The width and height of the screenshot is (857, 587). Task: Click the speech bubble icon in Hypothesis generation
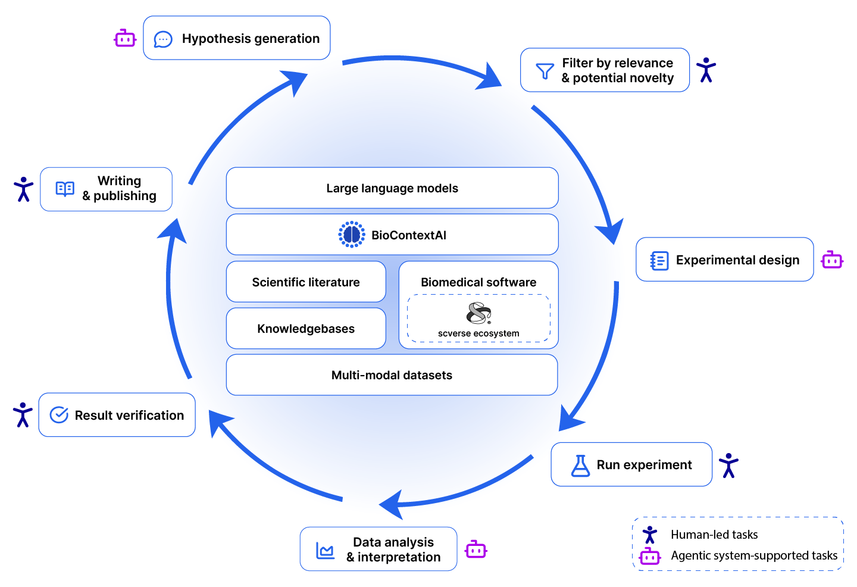click(163, 39)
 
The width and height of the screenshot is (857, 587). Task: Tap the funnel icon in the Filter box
click(545, 71)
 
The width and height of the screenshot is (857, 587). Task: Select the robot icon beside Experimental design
click(832, 260)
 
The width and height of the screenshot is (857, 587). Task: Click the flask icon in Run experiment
click(580, 465)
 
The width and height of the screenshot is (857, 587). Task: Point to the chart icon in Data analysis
click(325, 550)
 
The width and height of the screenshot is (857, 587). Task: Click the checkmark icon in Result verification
click(59, 415)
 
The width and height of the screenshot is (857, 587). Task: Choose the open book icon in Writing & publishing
click(65, 189)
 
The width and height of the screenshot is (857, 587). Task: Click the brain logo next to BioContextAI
click(352, 235)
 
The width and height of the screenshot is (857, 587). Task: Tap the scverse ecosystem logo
click(478, 313)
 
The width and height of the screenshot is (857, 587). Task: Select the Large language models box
click(392, 188)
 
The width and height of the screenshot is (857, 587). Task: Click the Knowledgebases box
click(306, 329)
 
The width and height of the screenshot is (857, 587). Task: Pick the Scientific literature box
click(306, 282)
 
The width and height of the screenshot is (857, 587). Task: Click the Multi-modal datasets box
click(392, 375)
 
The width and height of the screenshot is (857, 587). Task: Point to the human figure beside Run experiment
click(728, 465)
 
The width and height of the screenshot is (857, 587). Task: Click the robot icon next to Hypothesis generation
click(125, 39)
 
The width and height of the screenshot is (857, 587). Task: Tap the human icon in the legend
click(650, 535)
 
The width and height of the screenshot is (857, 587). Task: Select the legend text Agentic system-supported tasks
click(753, 555)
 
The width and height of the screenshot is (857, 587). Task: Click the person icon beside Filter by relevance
click(706, 70)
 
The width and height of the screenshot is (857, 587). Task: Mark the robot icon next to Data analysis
click(476, 549)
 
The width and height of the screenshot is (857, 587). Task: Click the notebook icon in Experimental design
click(659, 261)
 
